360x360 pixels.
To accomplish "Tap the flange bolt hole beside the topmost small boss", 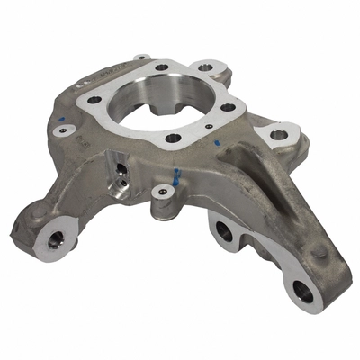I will (161, 67).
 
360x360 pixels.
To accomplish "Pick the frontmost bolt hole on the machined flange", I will (174, 139).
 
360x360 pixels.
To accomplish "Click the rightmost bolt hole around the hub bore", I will (229, 108).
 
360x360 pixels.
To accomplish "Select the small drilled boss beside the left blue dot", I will (62, 131).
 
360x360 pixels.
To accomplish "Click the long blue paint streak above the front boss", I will (176, 174).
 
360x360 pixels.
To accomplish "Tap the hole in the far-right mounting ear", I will (280, 135).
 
